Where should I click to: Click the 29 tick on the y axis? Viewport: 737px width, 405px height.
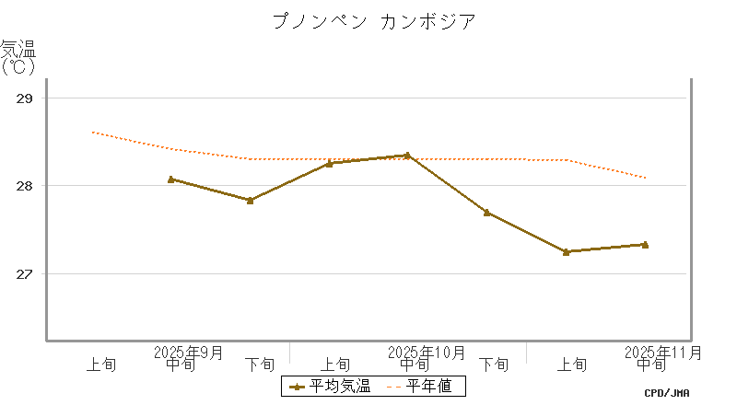coord(26,98)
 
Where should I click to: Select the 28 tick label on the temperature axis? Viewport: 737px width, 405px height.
coord(26,186)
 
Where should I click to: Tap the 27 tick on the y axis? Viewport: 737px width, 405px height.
coord(26,274)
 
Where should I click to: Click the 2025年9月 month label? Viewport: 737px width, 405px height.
coord(189,353)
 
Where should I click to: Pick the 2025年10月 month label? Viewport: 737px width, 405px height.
coord(427,353)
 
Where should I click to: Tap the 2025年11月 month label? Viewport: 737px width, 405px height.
coord(663,353)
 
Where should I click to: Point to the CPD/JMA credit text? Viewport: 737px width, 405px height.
coord(667,393)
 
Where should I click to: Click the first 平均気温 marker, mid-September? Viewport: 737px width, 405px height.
coord(171,179)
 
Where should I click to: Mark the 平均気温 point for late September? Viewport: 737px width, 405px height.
coord(250,200)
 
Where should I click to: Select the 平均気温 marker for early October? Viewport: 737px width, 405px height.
coord(329,163)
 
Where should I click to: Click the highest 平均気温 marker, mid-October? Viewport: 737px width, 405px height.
coord(408,156)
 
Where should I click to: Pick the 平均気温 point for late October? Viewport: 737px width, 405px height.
coord(486,213)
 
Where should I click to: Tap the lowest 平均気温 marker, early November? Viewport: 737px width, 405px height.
coord(566,251)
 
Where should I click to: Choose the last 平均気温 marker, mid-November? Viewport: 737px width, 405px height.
coord(645,245)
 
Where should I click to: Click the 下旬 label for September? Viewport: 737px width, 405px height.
coord(259,364)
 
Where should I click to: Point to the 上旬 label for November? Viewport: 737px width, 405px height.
coord(573,364)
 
